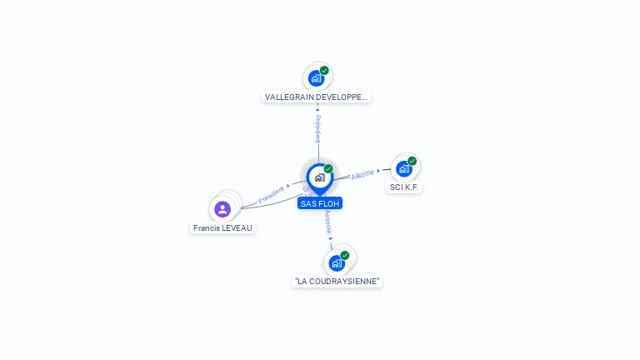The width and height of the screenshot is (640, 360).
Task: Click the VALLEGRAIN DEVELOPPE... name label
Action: click(x=316, y=97)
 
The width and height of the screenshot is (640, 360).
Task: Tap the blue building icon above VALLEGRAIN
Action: click(x=316, y=78)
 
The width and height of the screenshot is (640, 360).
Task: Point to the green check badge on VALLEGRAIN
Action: click(x=324, y=71)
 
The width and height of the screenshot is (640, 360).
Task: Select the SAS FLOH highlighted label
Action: click(x=320, y=203)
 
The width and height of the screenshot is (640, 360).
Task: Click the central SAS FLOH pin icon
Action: click(x=319, y=177)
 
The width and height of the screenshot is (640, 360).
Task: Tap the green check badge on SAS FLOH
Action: click(x=328, y=169)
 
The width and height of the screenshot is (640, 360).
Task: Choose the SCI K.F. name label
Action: click(x=404, y=187)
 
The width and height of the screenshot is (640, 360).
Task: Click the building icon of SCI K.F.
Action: click(x=403, y=168)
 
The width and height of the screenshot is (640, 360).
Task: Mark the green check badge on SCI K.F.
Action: click(x=412, y=161)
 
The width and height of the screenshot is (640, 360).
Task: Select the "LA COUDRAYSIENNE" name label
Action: click(x=337, y=281)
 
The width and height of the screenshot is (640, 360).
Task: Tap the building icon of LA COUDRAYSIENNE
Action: click(x=337, y=263)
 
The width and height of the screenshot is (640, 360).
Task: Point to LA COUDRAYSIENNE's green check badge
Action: click(x=345, y=255)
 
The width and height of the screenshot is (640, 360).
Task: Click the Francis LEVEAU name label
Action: click(x=222, y=227)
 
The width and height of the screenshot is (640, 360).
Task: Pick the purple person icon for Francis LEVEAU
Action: click(x=222, y=209)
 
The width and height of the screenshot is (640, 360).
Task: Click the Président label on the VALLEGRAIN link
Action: click(x=317, y=128)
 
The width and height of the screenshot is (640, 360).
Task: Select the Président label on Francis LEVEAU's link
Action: click(x=271, y=194)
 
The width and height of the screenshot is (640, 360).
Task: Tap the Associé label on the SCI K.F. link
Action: click(x=362, y=175)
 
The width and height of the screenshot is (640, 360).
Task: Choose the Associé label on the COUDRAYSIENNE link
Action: click(x=328, y=222)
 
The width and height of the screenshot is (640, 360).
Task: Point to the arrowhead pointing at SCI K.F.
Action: click(x=379, y=171)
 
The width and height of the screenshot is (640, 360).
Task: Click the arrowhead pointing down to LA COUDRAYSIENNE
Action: click(x=331, y=238)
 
